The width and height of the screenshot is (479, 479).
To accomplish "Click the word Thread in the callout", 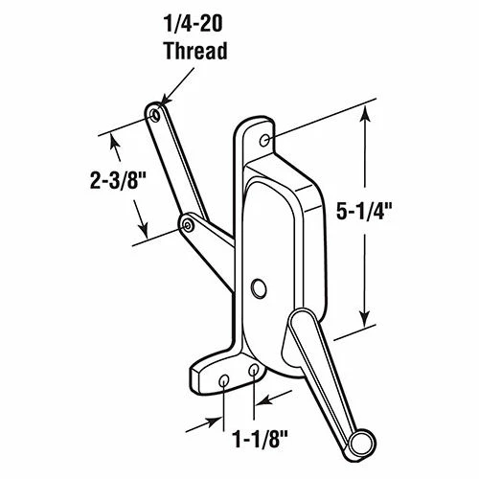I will [194, 49].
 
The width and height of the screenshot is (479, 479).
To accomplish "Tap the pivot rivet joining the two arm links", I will [188, 223].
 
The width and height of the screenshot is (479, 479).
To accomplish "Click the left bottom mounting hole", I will [224, 380].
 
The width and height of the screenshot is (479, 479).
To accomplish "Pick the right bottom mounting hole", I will [253, 370].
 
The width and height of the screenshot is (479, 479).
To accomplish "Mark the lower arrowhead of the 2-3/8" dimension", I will [145, 238].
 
